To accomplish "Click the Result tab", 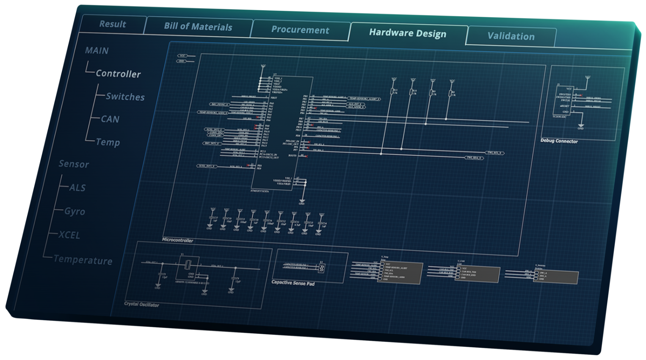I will coord(113,24).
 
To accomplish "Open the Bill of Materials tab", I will coord(198,27).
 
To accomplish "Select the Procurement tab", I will coord(300,30).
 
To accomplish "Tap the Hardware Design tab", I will coord(408,33).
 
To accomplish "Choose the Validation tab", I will coord(511,36).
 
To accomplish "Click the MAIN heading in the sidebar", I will coord(97,51).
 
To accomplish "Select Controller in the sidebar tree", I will coord(118,74).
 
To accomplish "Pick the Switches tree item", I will coord(125,97).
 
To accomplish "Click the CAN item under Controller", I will coord(110,119).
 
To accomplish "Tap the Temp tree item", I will coord(108,142).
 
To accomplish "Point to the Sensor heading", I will coord(74,164).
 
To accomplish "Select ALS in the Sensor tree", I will coord(77,188).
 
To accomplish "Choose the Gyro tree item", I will coord(75,211).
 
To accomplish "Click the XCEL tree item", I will coord(69,235).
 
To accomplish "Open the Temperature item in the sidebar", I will coord(83,260).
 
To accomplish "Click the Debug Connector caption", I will coord(559,141).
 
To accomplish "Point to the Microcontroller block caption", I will coord(178,240).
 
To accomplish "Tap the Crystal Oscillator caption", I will coord(142,304).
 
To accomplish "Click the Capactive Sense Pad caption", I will coord(293,283).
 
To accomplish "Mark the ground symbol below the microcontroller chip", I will coord(302,202).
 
